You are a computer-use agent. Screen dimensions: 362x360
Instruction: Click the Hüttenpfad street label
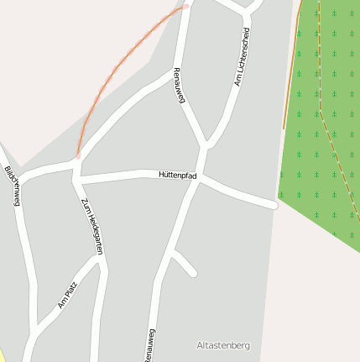177,174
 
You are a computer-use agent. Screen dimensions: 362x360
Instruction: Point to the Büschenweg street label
12,185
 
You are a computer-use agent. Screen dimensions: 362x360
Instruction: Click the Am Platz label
67,295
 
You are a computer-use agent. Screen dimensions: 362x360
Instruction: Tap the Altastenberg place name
222,345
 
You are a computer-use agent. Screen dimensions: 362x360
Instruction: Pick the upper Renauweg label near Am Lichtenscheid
178,86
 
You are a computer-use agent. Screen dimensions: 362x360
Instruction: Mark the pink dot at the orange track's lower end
78,155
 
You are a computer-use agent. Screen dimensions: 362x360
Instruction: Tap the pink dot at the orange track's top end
186,6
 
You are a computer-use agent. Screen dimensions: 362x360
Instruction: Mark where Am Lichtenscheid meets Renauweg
206,145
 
